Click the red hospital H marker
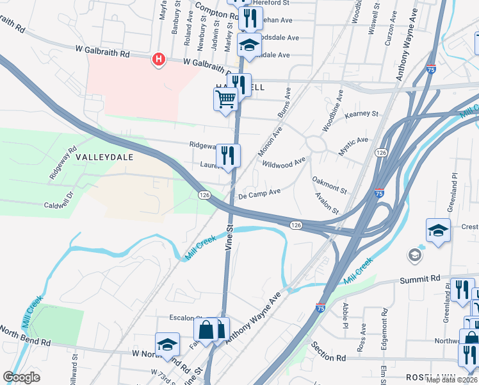tap(158, 60)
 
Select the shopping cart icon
tap(225, 99)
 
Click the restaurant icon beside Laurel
tap(228, 155)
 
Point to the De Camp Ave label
tap(259, 193)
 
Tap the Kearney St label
tap(362, 114)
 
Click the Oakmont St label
tap(329, 185)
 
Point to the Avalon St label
tap(326, 203)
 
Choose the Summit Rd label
tap(420, 279)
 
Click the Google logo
tap(21, 377)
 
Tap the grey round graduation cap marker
tap(415, 256)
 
